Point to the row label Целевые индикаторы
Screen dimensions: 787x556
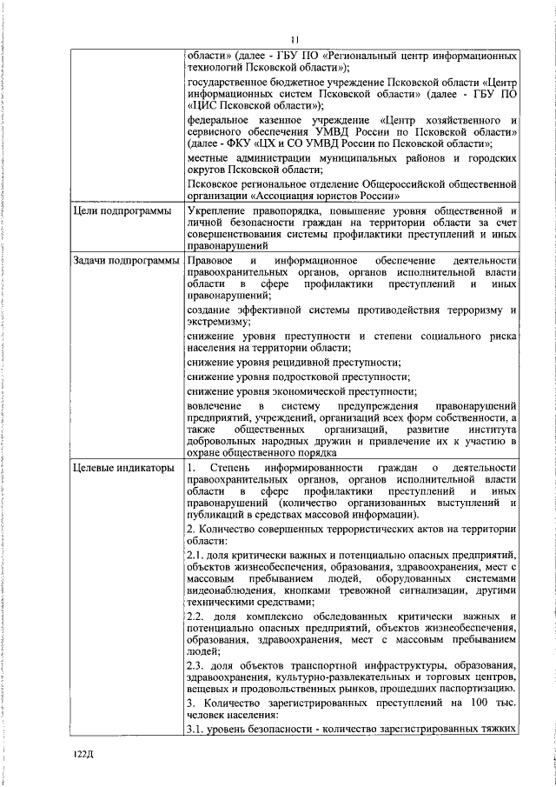(x=125, y=470)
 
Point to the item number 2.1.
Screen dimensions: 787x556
(x=196, y=555)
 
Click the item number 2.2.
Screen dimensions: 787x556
(x=196, y=616)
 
